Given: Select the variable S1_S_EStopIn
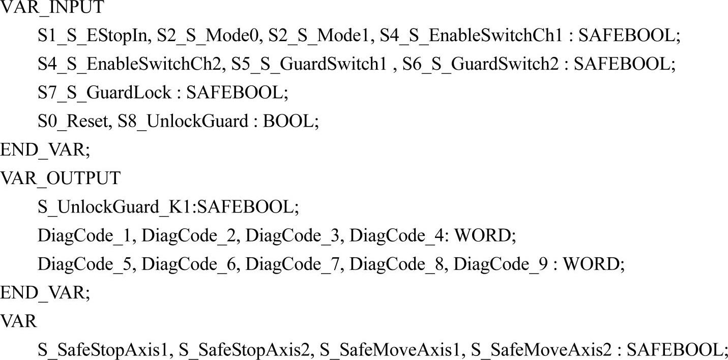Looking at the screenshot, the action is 93,36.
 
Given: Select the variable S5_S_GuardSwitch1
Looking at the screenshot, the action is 308,64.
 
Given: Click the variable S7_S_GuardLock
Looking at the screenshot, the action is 104,93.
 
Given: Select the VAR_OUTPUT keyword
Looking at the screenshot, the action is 60,178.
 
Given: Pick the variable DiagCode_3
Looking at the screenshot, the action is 294,235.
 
